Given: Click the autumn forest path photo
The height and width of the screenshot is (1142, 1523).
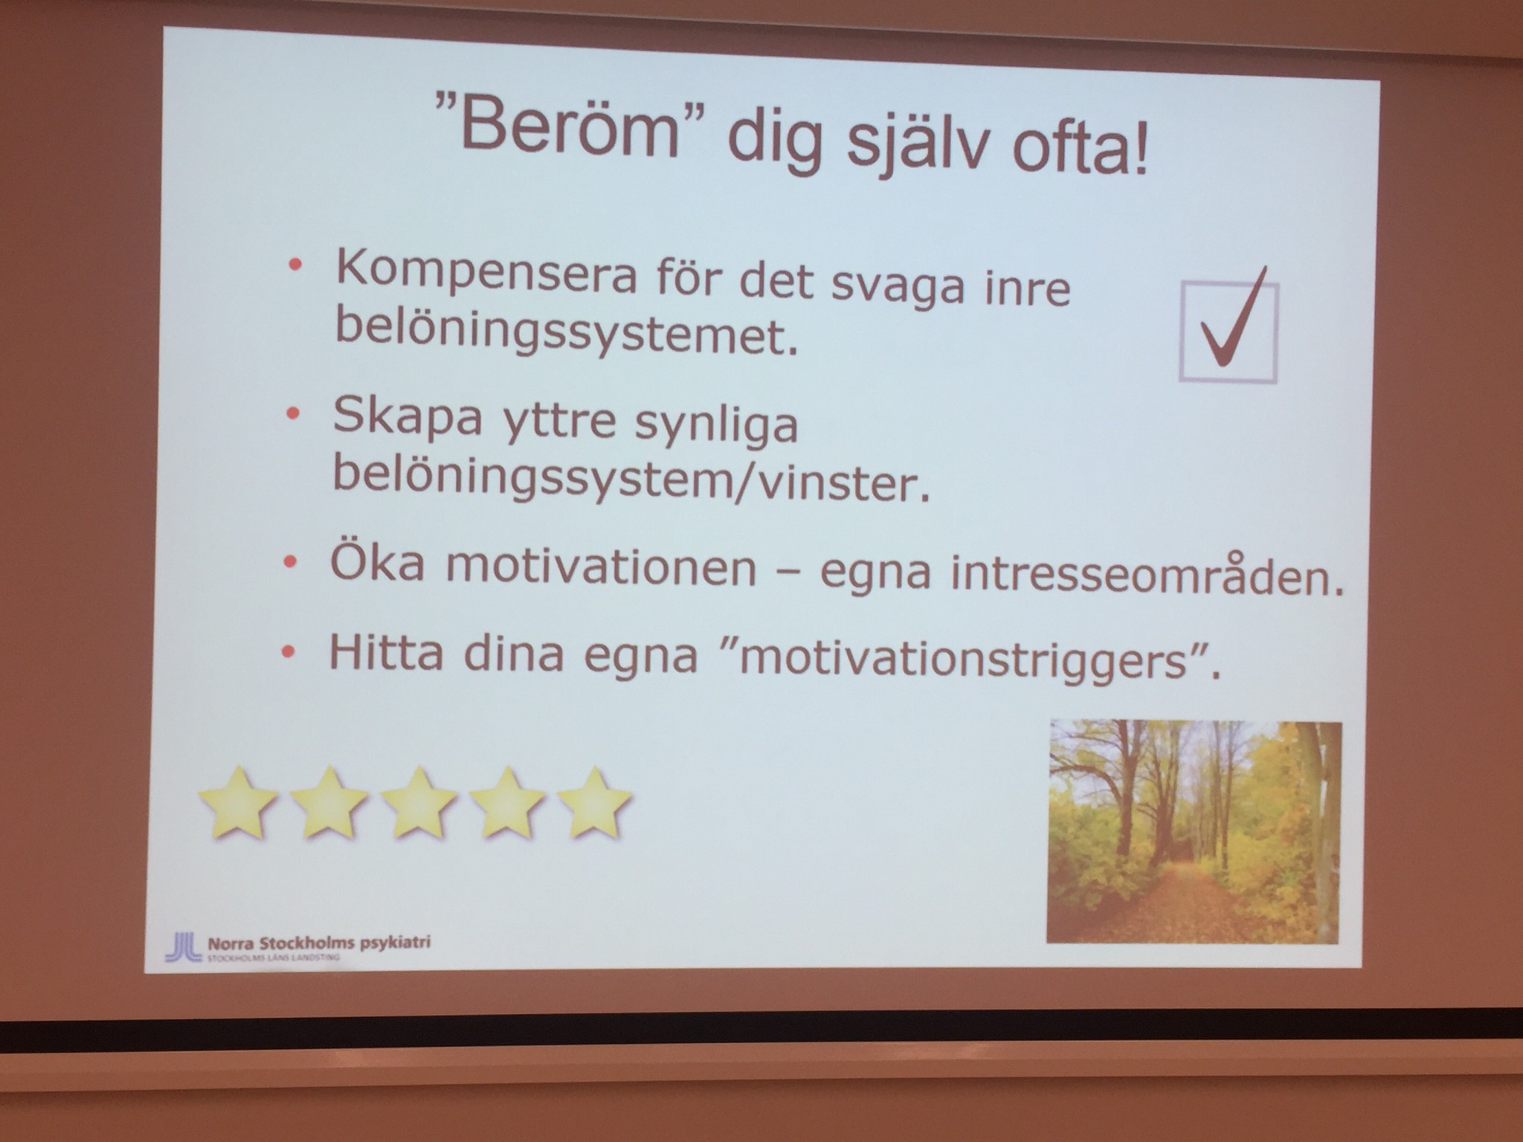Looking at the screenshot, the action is coord(1194,833).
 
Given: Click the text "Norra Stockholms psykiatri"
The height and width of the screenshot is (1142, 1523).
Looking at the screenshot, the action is coord(320,943).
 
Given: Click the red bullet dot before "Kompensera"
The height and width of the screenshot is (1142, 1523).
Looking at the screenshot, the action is coord(297,264).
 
